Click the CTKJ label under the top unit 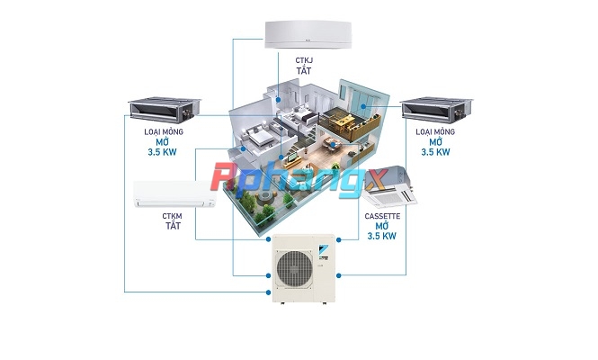pos(304,60)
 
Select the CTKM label pos(172,216)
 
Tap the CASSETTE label pos(382,217)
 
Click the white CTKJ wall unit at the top pos(308,35)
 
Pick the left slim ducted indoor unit pos(165,110)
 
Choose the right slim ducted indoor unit pos(436,110)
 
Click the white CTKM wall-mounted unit pos(174,194)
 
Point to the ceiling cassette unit pos(389,186)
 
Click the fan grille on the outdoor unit pos(294,269)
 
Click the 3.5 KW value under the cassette pos(382,237)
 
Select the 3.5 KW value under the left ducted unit pos(163,152)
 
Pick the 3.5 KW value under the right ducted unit pos(435,152)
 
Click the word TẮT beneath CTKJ pos(304,70)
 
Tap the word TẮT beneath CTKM pos(173,226)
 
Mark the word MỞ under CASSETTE pos(382,226)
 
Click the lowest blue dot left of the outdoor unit pos(269,292)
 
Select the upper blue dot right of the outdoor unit pos(339,239)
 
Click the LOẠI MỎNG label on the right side pos(435,131)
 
